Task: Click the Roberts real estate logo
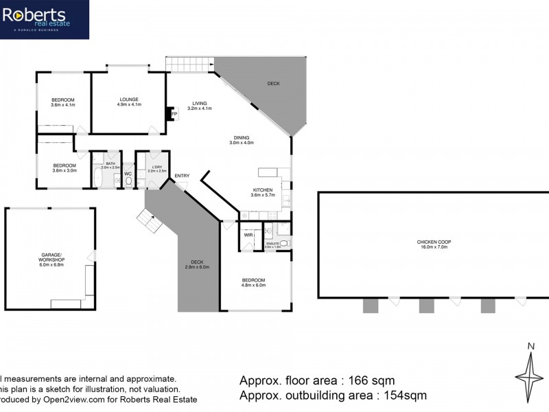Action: point(44,19)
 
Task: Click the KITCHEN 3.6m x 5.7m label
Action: point(262,192)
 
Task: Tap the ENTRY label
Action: point(182,176)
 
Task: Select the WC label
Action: point(128,174)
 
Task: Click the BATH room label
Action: point(110,165)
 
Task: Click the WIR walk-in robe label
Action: point(248,235)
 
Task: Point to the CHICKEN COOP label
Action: point(432,244)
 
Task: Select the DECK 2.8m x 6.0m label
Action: point(197,264)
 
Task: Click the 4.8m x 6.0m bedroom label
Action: point(253,283)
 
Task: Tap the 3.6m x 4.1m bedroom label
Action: point(62,103)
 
